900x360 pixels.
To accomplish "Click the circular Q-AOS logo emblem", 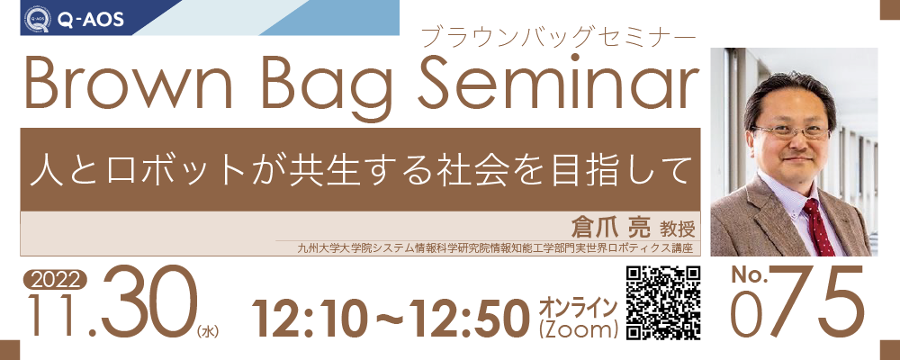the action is click(x=37, y=20).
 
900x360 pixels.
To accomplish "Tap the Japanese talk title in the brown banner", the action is click(x=359, y=169).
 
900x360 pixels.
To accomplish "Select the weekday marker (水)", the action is click(x=208, y=331).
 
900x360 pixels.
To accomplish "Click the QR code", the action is click(x=662, y=303).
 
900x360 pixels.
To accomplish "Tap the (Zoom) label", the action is click(x=578, y=329).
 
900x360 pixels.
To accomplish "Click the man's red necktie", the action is click(x=818, y=226).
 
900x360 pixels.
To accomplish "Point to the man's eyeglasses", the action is click(x=791, y=131).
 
